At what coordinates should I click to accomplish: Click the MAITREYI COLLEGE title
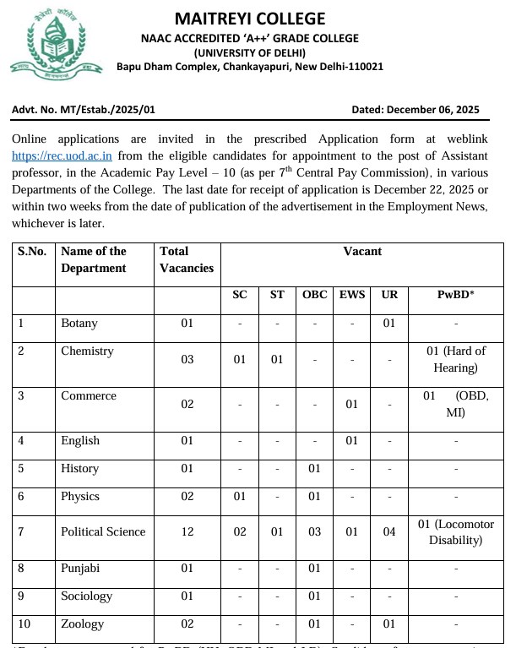click(249, 19)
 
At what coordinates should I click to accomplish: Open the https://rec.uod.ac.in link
click(62, 156)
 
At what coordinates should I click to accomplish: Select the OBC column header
click(314, 295)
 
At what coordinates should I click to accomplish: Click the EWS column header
click(352, 295)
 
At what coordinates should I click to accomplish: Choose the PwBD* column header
click(455, 295)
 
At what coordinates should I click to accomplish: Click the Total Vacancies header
click(187, 259)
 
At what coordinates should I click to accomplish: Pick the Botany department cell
click(79, 323)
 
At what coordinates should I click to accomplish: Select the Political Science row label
click(103, 531)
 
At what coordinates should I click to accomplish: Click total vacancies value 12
click(187, 531)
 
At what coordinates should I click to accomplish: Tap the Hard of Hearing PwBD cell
click(455, 359)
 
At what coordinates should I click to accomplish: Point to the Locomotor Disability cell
click(455, 532)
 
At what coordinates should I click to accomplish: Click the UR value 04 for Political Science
click(389, 531)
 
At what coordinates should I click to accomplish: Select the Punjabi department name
click(81, 569)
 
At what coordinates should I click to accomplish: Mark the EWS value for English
click(352, 440)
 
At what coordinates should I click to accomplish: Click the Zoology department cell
click(82, 623)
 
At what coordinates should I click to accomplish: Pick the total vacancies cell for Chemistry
click(187, 359)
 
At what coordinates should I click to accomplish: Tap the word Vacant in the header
click(362, 251)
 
